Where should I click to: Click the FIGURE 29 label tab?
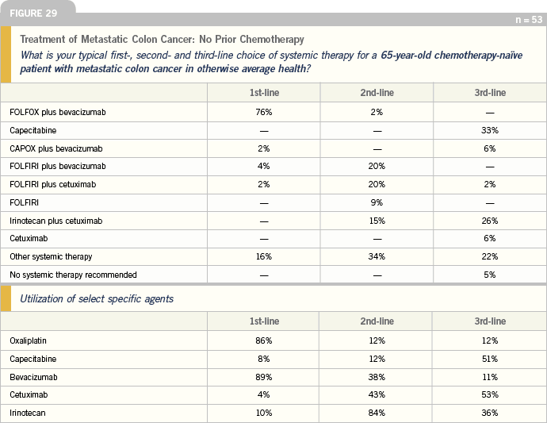coord(33,13)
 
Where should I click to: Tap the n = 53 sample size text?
coord(529,20)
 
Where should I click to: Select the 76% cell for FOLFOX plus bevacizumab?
coord(264,112)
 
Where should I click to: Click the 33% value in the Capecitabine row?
coord(490,130)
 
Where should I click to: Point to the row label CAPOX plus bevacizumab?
coord(56,148)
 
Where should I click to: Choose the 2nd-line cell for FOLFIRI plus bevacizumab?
coord(377,166)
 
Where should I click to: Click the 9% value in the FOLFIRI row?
coord(377,202)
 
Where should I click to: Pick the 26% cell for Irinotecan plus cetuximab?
coord(490,221)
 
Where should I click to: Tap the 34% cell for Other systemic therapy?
coord(377,256)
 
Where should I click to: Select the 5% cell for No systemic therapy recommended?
coord(490,275)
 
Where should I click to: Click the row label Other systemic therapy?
coord(51,256)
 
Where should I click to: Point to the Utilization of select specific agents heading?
coord(97,299)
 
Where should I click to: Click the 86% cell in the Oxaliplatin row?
coord(264,340)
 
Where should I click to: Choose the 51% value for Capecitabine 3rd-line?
coord(490,359)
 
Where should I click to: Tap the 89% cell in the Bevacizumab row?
coord(264,377)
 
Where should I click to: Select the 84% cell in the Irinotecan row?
coord(377,413)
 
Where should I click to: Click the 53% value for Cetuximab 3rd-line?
coord(490,394)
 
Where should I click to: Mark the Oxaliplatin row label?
coord(28,341)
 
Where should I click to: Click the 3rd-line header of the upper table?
coord(490,93)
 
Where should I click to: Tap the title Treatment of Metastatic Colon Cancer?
coord(107,39)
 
